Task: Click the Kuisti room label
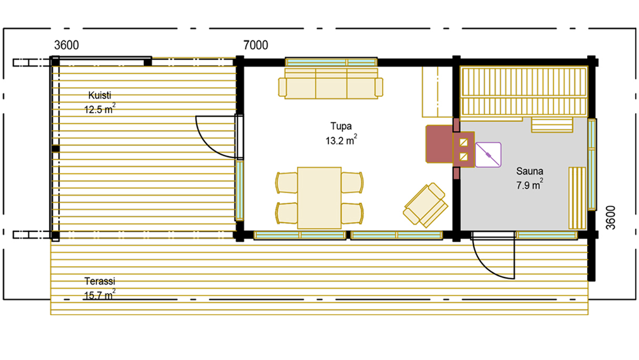point(100,95)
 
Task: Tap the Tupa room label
point(341,127)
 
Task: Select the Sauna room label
point(529,171)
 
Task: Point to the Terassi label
point(100,281)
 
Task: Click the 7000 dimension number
point(256,45)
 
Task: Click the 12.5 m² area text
point(100,109)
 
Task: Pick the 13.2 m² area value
point(341,140)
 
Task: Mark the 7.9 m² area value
point(529,185)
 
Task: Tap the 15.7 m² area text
point(100,294)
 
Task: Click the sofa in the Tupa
point(330,84)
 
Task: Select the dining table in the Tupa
point(319,198)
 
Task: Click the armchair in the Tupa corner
point(426,205)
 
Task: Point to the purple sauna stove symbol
point(488,155)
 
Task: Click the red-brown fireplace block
point(440,145)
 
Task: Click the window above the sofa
point(331,63)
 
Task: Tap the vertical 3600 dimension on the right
point(610,217)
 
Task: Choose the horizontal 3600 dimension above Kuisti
point(66,45)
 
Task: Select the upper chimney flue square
point(463,143)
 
